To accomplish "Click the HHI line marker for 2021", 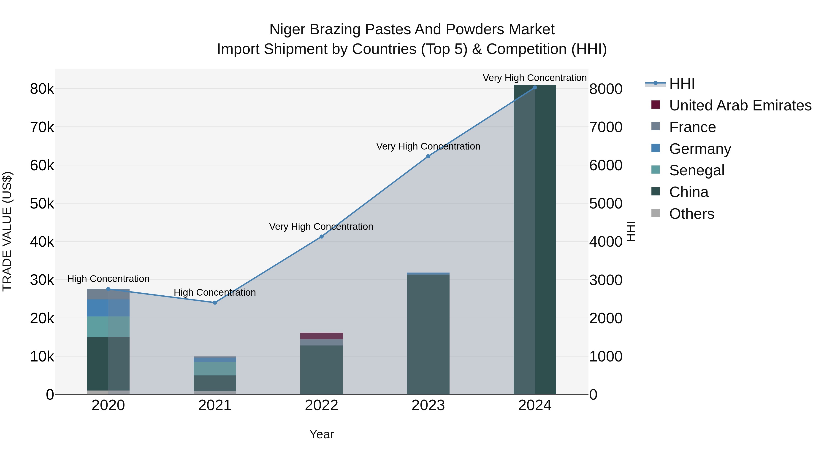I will [x=215, y=302].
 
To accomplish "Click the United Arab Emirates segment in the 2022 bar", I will [x=322, y=336].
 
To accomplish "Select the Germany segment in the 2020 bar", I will [x=108, y=308].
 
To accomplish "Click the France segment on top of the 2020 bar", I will [x=108, y=294].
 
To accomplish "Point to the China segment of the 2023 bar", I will [x=428, y=334].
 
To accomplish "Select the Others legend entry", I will [x=691, y=214].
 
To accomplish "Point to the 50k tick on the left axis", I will [x=42, y=203].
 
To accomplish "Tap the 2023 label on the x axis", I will [x=428, y=405].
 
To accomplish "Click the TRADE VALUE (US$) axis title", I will [x=7, y=231].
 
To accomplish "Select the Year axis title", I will [x=322, y=434].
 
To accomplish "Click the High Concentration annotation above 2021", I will [x=215, y=292].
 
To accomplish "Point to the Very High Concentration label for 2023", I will [x=428, y=146].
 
